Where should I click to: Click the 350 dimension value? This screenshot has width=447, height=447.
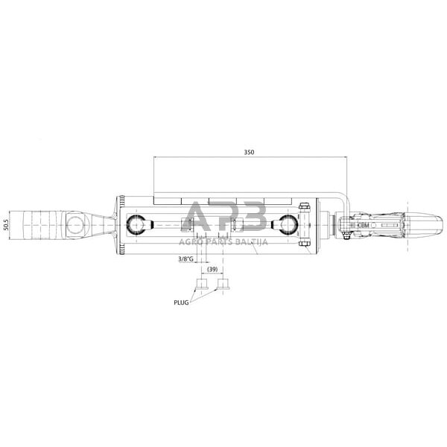249,152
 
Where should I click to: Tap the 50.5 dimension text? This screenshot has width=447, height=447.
6,225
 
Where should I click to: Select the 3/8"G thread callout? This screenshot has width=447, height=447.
186,259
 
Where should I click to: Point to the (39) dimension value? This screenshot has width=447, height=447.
212,269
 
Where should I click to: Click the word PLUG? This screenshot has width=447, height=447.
181,302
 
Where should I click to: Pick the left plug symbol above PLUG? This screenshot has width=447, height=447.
202,284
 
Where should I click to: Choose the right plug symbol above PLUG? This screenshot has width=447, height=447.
223,284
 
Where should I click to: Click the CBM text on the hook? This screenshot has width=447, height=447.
363,225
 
